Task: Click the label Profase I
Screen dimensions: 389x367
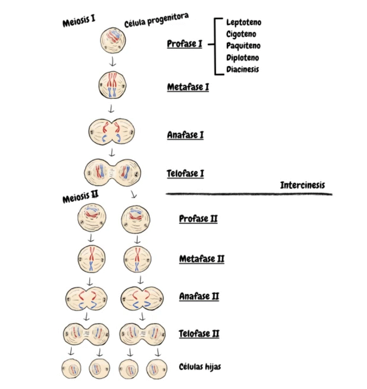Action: point(184,43)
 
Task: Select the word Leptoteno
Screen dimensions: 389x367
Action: point(244,22)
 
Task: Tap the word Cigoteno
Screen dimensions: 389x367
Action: point(241,34)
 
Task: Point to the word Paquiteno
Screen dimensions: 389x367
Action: point(243,46)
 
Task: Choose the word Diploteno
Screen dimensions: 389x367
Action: point(243,58)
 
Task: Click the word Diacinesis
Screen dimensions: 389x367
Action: point(243,69)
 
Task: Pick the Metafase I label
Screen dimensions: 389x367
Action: point(188,87)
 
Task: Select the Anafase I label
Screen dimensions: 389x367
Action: point(185,135)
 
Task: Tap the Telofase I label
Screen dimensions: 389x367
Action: point(185,173)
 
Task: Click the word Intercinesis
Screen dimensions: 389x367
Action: point(303,185)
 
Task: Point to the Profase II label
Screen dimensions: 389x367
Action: point(198,218)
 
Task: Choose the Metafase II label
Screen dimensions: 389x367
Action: point(202,259)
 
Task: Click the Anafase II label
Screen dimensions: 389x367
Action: point(199,297)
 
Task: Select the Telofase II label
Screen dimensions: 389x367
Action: point(199,333)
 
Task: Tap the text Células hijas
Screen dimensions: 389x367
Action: point(200,367)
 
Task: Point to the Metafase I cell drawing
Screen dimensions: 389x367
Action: point(112,85)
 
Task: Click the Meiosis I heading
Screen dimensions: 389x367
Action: point(79,22)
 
